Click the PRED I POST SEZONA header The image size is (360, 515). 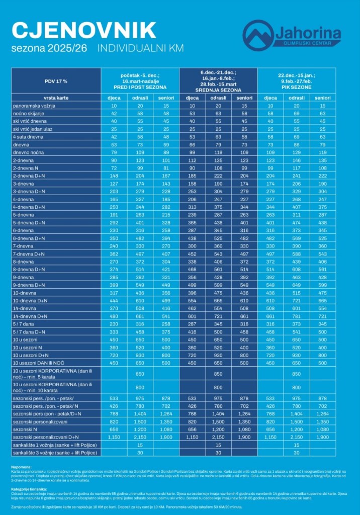140,87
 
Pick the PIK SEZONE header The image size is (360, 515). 296,87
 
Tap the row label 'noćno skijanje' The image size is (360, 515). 30,114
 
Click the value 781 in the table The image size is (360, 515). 296,316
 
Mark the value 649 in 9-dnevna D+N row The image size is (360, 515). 296,285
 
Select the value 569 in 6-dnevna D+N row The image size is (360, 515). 296,238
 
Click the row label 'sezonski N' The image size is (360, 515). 26,430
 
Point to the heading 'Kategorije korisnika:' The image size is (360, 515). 28,489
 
